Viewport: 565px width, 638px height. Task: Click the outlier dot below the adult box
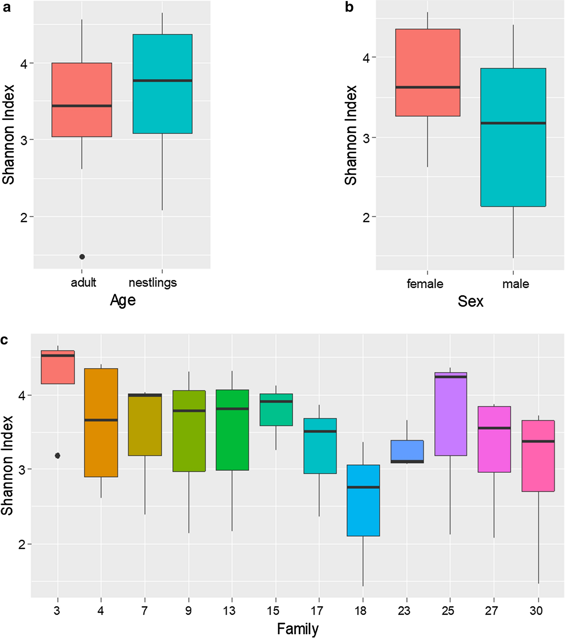click(82, 257)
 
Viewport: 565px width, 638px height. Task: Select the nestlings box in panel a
click(162, 106)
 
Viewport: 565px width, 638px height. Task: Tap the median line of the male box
click(513, 123)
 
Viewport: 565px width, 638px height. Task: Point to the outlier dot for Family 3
click(57, 455)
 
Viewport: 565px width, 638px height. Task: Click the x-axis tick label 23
click(404, 610)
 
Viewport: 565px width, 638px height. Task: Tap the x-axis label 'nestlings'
click(153, 282)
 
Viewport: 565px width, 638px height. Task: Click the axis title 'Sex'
click(470, 301)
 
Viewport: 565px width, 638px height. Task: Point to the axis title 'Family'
click(298, 629)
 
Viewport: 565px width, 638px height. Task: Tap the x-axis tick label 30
click(536, 610)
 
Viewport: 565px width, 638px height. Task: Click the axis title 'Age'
click(123, 300)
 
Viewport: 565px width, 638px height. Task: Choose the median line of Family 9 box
click(189, 410)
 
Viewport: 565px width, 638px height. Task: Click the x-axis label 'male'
click(515, 284)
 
